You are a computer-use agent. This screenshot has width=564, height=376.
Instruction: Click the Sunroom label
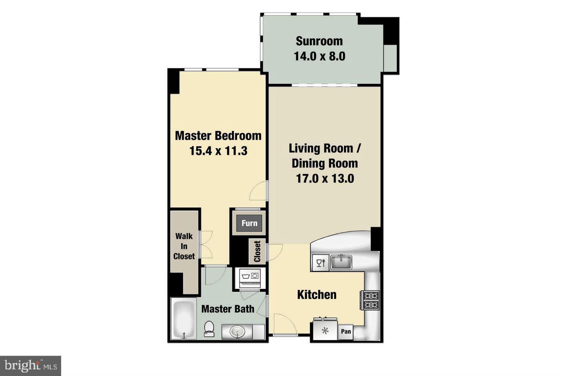(319, 41)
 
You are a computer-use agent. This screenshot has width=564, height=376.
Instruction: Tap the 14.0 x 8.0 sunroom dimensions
(319, 56)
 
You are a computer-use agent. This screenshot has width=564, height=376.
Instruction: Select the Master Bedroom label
(218, 136)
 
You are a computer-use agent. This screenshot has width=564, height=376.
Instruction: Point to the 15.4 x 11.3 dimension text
(218, 151)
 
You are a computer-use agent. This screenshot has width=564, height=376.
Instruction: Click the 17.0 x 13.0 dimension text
(325, 179)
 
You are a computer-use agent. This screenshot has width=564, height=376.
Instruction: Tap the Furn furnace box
(249, 223)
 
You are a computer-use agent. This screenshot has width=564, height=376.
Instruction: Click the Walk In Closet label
(184, 246)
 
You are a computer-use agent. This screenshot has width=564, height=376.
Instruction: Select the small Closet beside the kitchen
(257, 251)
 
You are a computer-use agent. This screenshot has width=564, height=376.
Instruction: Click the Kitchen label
(317, 295)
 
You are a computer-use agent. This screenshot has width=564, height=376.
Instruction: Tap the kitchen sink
(341, 262)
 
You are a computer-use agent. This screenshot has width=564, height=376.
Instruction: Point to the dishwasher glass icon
(321, 263)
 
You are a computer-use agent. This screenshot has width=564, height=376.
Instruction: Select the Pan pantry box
(346, 332)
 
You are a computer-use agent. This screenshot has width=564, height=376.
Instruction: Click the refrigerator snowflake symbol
(325, 331)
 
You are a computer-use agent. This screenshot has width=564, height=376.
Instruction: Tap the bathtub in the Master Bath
(184, 319)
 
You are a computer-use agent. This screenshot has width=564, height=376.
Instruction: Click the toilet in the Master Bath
(209, 329)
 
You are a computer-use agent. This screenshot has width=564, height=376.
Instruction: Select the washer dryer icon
(250, 276)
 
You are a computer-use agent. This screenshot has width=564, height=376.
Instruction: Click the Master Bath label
(228, 309)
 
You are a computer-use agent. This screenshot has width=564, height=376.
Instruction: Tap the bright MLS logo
(30, 366)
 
